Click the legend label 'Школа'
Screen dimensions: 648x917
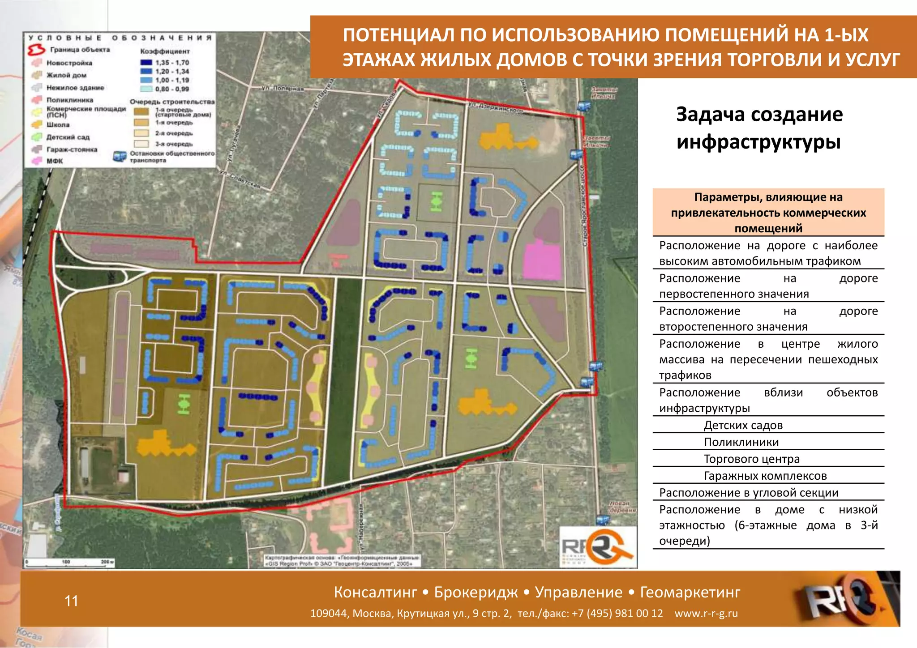pyautogui.click(x=58, y=125)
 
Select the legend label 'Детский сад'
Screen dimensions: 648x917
pyautogui.click(x=68, y=137)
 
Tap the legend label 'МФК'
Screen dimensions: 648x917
pyautogui.click(x=55, y=161)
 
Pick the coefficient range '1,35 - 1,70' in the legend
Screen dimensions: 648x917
pyautogui.click(x=172, y=63)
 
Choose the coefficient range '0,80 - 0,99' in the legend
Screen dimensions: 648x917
pyautogui.click(x=172, y=89)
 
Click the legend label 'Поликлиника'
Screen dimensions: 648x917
pyautogui.click(x=70, y=100)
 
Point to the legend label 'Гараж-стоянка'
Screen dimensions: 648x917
pyautogui.click(x=72, y=149)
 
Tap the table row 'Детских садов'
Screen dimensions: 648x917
pyautogui.click(x=743, y=425)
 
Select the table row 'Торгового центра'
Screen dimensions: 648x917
pyautogui.click(x=751, y=459)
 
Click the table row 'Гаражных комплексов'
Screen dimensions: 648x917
pyautogui.click(x=765, y=476)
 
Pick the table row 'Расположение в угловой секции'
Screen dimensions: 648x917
pyautogui.click(x=749, y=493)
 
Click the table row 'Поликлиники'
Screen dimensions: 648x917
pyautogui.click(x=741, y=442)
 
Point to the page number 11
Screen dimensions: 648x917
pyautogui.click(x=71, y=601)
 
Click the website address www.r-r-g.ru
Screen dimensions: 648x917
pyautogui.click(x=706, y=614)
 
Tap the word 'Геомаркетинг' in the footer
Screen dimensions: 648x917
pyautogui.click(x=690, y=593)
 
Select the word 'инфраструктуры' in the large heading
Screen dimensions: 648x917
pyautogui.click(x=758, y=142)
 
